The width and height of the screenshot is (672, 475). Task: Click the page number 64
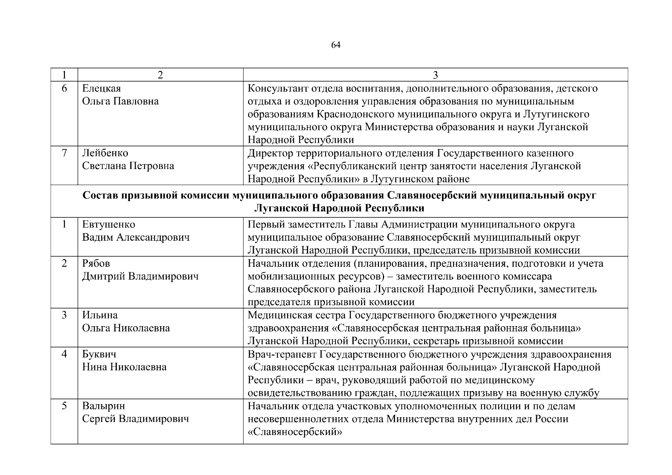tap(335, 45)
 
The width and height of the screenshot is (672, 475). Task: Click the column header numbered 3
tap(435, 75)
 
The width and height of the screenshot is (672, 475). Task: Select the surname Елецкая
tap(101, 88)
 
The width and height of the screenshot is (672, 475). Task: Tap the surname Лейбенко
tap(105, 153)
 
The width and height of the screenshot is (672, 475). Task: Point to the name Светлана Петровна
tap(128, 166)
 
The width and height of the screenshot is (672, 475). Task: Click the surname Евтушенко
tap(109, 224)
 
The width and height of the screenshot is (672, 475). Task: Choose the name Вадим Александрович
tap(136, 237)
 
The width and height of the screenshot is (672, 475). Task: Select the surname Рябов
tap(96, 263)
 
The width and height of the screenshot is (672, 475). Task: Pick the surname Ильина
tap(100, 315)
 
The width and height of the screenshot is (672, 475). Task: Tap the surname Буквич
tap(99, 354)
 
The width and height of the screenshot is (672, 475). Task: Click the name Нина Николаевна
tap(124, 367)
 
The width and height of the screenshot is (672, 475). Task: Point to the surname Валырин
tap(103, 406)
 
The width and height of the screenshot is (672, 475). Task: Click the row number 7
tap(64, 153)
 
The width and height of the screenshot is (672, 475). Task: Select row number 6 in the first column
tap(64, 88)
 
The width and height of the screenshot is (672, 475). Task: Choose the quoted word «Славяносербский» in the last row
tap(295, 432)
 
